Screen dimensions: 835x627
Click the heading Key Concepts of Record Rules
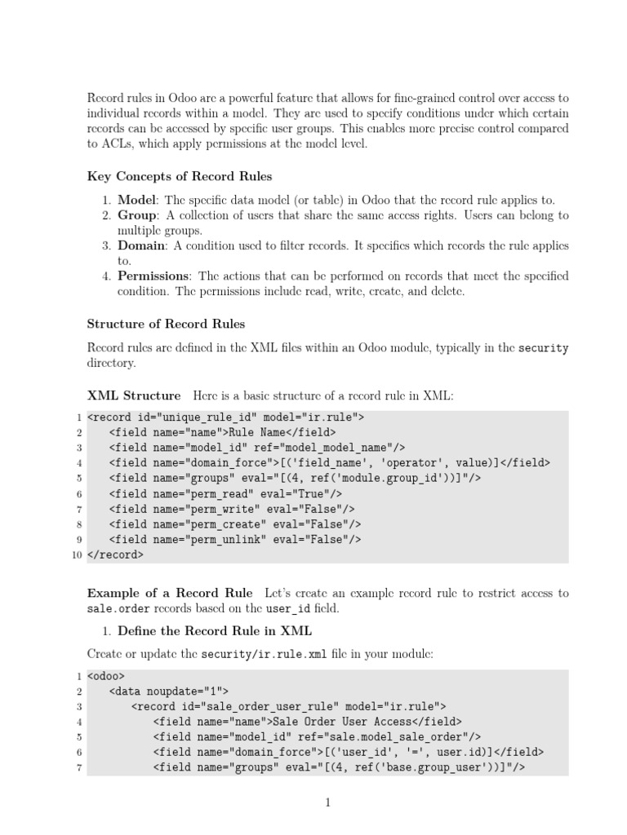(x=180, y=176)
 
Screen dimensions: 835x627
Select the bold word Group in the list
(x=138, y=215)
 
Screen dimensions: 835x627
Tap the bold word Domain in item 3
(x=141, y=245)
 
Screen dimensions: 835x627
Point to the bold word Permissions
(x=153, y=276)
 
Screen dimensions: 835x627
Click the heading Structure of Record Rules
(x=166, y=324)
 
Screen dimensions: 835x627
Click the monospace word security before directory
(x=544, y=348)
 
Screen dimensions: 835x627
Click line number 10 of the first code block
(x=77, y=554)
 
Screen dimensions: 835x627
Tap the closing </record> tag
(x=115, y=554)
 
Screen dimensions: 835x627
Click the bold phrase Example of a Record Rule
(x=170, y=592)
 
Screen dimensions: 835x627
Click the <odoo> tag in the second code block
(x=104, y=676)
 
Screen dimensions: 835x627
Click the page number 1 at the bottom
(x=327, y=803)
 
